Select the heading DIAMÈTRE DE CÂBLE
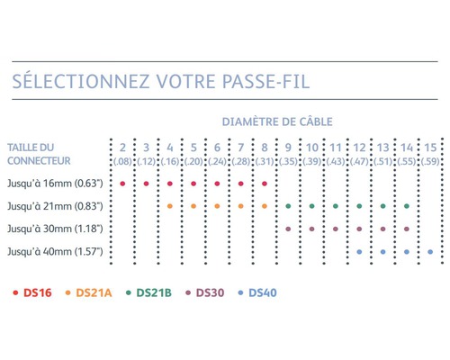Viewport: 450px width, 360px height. coord(277,121)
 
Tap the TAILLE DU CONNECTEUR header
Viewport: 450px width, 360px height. coord(39,154)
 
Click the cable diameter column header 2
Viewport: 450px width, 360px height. coord(122,148)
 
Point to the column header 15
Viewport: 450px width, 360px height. coord(430,148)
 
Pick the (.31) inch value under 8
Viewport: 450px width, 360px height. coord(265,161)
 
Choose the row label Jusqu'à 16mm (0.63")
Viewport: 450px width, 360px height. coord(55,183)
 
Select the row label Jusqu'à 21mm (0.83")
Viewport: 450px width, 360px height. coord(55,206)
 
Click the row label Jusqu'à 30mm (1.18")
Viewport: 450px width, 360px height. coord(55,229)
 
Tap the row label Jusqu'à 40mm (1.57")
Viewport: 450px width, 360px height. coord(55,251)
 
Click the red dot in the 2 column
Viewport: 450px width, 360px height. coord(122,184)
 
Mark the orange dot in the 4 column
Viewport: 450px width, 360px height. coord(170,206)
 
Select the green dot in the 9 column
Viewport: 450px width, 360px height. coord(288,206)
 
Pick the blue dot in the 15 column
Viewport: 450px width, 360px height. coord(430,252)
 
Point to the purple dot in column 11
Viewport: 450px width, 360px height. coord(336,229)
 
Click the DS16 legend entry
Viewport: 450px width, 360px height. coord(32,292)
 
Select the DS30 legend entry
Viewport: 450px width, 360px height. coord(205,292)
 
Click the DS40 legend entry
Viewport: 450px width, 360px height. coord(257,292)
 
